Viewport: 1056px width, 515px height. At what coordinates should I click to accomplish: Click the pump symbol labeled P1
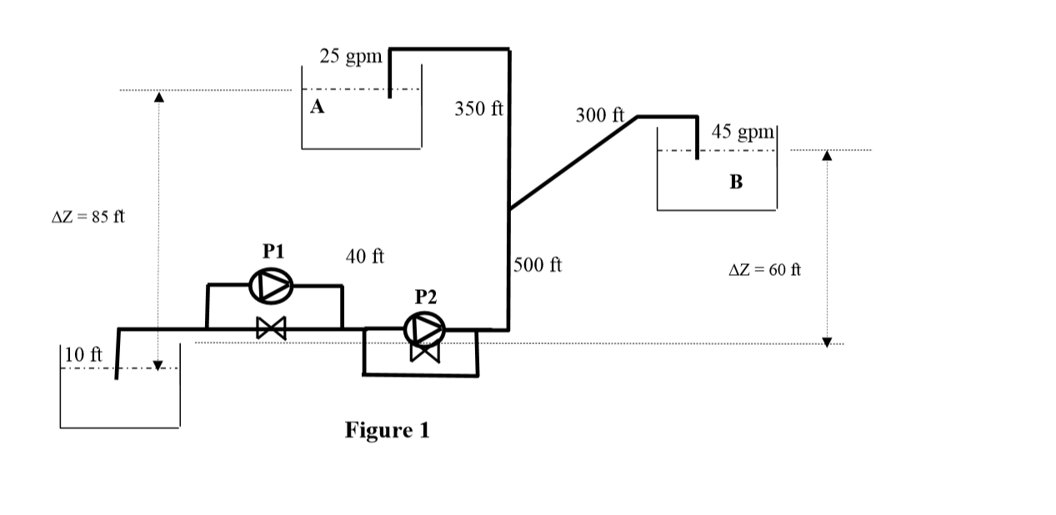271,287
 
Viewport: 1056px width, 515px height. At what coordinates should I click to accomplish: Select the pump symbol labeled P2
424,329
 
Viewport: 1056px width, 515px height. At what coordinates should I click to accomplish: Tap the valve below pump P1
271,328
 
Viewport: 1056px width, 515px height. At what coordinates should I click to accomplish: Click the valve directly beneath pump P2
425,352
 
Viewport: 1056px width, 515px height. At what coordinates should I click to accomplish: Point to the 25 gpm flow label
351,57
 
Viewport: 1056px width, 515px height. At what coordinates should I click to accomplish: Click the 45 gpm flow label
743,132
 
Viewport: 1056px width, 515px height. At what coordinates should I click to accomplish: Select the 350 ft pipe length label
479,108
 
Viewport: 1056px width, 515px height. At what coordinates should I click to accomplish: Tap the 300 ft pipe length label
600,115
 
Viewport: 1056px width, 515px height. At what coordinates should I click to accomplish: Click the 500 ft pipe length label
538,265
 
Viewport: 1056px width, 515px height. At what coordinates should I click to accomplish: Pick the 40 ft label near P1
365,256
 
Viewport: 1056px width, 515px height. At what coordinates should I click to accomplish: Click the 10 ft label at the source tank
83,353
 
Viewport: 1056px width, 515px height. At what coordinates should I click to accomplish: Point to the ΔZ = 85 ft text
88,217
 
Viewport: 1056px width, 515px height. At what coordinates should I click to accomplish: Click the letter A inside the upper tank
317,107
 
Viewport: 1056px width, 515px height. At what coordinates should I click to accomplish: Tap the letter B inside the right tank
736,181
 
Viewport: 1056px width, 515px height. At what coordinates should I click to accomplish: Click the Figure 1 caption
387,430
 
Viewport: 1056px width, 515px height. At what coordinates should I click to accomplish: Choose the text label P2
425,296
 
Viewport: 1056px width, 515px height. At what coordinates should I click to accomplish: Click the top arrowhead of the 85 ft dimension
158,97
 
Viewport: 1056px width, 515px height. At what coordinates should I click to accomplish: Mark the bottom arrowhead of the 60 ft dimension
827,341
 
